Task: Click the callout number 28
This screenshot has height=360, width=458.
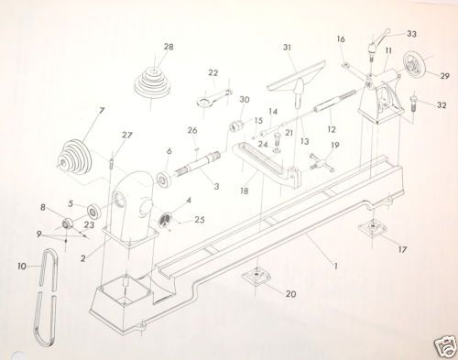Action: tap(169, 47)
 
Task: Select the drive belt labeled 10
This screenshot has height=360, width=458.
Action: tap(46, 298)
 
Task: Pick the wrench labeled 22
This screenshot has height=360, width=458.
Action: tap(214, 97)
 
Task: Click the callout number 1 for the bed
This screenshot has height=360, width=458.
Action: tap(335, 266)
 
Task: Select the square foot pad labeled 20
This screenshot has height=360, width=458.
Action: tap(257, 277)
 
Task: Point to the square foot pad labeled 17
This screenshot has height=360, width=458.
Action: tap(373, 227)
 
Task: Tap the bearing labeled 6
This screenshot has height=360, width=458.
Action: tap(164, 179)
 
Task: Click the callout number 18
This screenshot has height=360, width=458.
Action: tap(245, 191)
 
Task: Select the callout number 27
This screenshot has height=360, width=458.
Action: tap(126, 135)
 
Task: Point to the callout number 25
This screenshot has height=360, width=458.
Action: tap(200, 220)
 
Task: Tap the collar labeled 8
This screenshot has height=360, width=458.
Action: tap(68, 224)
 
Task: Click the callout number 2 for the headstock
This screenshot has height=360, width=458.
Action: tap(83, 258)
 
